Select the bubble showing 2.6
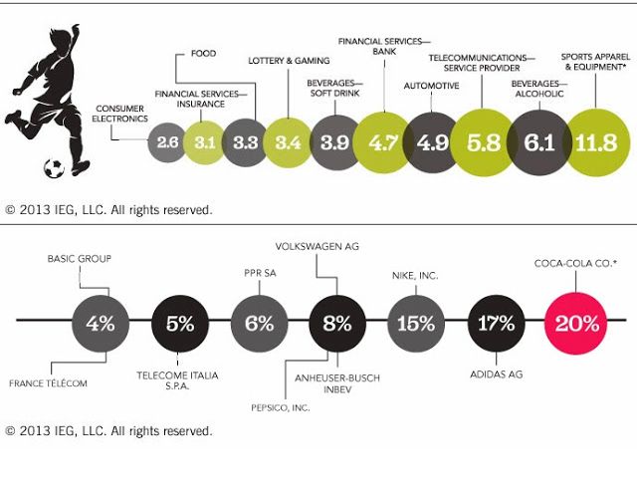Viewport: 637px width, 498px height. (167, 143)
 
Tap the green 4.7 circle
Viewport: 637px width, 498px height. (383, 142)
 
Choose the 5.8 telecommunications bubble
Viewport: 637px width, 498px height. (482, 142)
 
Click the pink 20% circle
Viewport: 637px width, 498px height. (577, 324)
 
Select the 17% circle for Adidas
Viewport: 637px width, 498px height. (497, 324)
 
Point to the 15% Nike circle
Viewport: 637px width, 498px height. (416, 324)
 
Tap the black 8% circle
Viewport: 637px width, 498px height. (337, 324)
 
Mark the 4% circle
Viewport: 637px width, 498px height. (101, 324)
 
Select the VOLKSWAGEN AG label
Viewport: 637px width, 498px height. (317, 244)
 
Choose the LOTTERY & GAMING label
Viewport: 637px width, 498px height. (282, 61)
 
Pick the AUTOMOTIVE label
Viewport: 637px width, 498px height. (431, 86)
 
